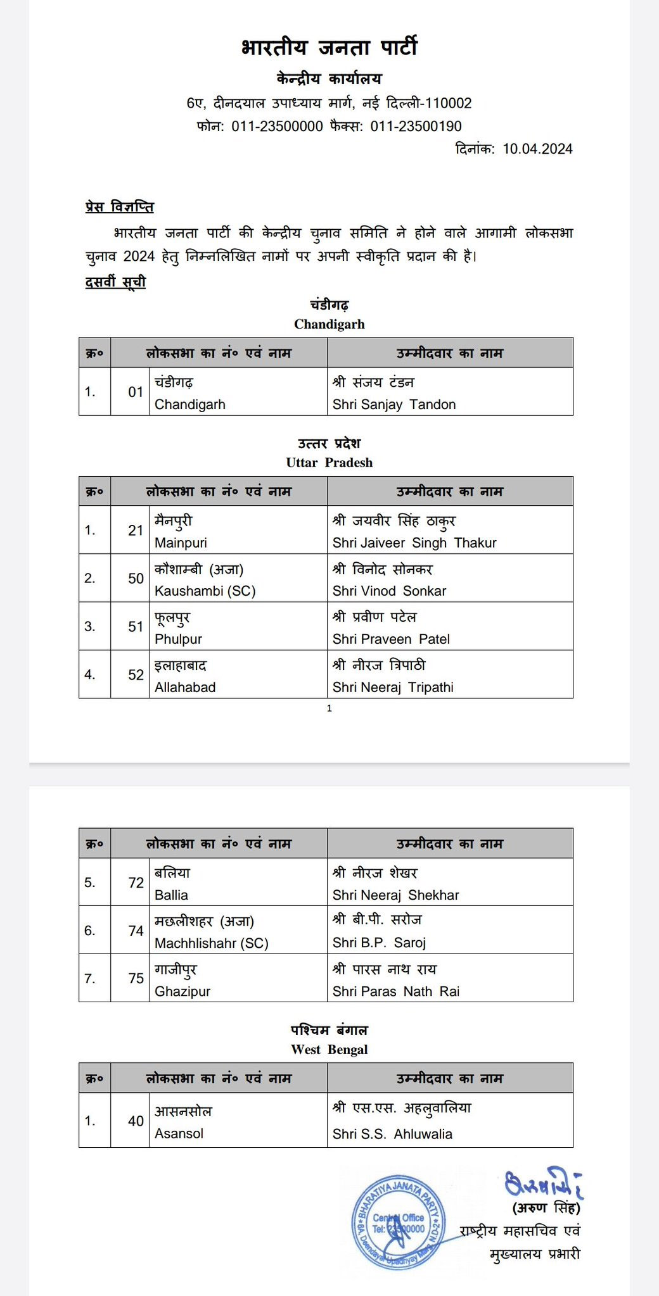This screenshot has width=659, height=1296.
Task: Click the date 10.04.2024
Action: click(537, 149)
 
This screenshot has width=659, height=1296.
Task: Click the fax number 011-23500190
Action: click(416, 126)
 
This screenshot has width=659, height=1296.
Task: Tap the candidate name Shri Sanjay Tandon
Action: click(394, 405)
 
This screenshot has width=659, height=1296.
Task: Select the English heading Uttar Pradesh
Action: click(329, 463)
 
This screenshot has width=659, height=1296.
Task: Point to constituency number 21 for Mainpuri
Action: click(136, 531)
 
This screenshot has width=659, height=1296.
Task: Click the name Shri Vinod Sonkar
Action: click(389, 591)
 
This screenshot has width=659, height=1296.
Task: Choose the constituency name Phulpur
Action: click(178, 639)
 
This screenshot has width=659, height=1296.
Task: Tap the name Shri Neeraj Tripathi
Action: click(393, 688)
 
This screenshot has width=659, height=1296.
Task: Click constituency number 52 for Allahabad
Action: click(136, 675)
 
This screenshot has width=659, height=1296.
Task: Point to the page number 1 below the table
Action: click(329, 708)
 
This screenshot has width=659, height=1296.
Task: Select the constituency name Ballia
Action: click(171, 895)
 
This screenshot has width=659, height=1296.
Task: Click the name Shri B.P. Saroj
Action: click(379, 943)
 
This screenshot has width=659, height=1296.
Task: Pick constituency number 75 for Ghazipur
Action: click(136, 979)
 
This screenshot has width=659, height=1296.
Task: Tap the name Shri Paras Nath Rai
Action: click(396, 991)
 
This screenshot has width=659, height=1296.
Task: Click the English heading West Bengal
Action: click(329, 1050)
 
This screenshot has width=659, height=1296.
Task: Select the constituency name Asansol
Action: click(179, 1134)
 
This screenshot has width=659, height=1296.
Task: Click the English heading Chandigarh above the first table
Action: click(329, 325)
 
